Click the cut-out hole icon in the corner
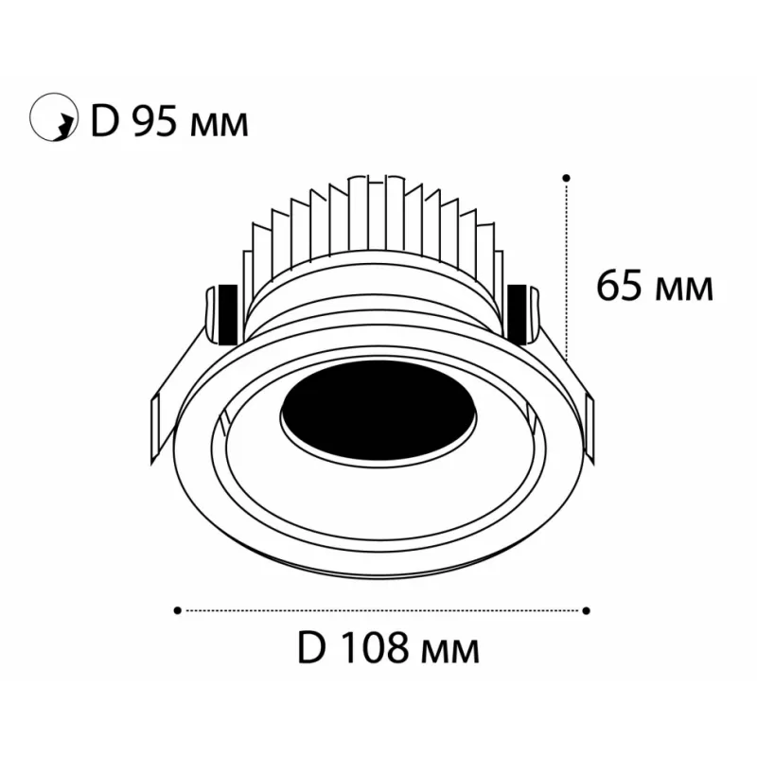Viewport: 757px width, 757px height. [54, 117]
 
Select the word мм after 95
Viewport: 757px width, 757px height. [220, 126]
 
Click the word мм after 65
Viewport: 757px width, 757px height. [683, 290]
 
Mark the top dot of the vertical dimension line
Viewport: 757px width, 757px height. [567, 178]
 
